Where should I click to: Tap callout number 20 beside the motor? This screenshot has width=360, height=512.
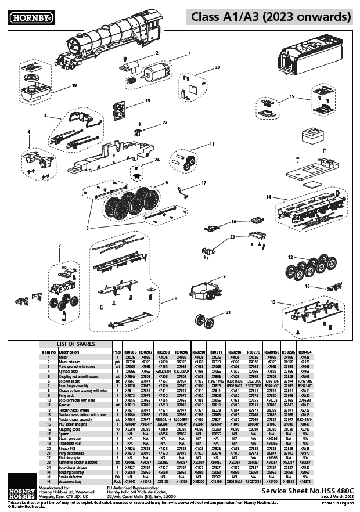[x=217, y=68]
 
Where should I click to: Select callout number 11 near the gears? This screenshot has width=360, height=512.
[x=211, y=144]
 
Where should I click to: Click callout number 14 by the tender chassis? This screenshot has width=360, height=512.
[x=269, y=197]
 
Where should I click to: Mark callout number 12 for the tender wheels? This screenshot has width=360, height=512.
[x=290, y=256]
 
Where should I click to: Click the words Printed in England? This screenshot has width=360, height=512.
[x=339, y=503]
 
